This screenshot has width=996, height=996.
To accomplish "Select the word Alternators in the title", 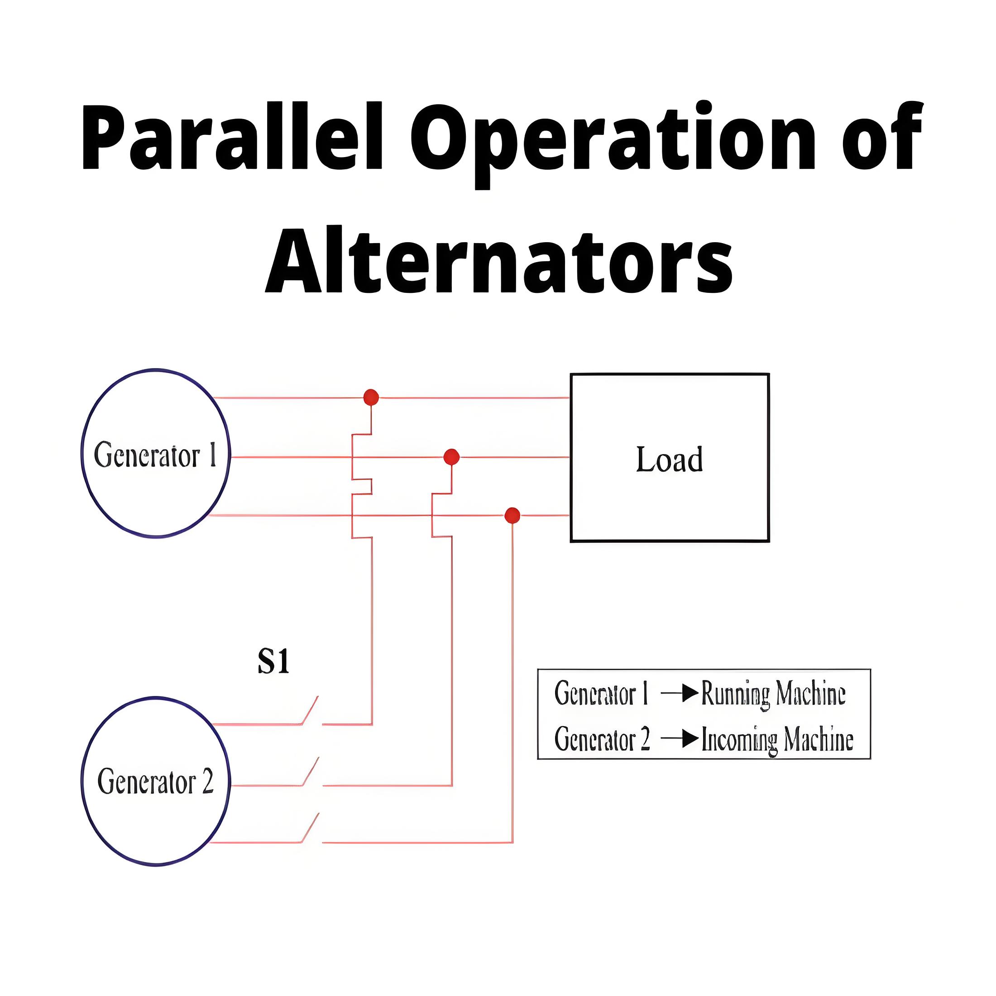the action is pyautogui.click(x=498, y=259).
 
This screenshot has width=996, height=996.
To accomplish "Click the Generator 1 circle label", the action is pyautogui.click(x=155, y=455).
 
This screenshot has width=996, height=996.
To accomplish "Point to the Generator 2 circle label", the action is pyautogui.click(x=155, y=781).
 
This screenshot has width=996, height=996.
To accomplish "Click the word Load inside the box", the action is pyautogui.click(x=669, y=459).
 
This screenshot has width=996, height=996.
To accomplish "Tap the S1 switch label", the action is pyautogui.click(x=273, y=661).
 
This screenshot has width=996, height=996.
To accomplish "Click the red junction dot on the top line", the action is pyautogui.click(x=371, y=397).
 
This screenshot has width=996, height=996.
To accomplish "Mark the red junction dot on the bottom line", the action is pyautogui.click(x=512, y=515).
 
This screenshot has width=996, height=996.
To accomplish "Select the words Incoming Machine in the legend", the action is pyautogui.click(x=777, y=740).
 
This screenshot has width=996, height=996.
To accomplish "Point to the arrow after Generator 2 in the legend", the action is pyautogui.click(x=680, y=739).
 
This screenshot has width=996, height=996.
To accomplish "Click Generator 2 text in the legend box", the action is pyautogui.click(x=602, y=739).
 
